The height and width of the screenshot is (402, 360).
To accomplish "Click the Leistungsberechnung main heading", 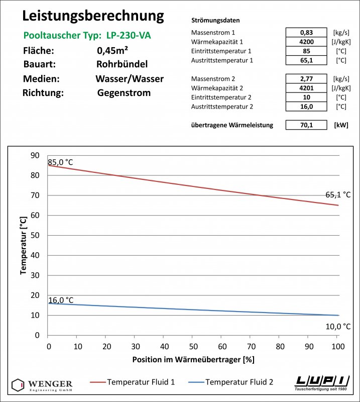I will (93, 16).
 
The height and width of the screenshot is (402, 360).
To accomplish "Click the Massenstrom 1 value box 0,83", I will (306, 33).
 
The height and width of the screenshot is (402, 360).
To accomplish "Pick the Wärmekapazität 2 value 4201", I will (306, 88).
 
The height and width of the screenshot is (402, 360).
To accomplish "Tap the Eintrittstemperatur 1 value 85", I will (306, 51).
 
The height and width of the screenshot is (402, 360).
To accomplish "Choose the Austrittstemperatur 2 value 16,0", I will (306, 107).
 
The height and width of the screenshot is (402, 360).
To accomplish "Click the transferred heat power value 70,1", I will (306, 125).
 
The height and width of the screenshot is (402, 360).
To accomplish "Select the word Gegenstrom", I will (124, 93).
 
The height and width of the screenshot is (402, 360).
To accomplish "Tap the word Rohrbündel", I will (122, 65).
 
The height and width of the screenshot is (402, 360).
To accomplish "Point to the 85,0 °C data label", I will (61, 162).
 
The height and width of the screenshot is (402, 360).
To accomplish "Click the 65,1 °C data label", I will (338, 194).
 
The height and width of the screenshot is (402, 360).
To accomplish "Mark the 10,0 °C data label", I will (338, 327).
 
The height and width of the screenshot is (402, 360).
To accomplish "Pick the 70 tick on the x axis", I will (251, 346).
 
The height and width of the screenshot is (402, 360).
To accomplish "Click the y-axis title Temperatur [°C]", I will (23, 245).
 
